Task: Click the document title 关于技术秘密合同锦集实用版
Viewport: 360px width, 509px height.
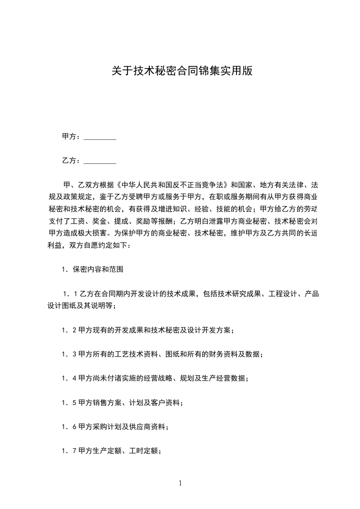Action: [x=182, y=71]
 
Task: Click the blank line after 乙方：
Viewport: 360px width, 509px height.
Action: [x=100, y=161]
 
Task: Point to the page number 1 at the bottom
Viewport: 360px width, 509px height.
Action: [x=180, y=483]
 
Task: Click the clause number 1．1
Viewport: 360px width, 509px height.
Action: [x=70, y=294]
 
